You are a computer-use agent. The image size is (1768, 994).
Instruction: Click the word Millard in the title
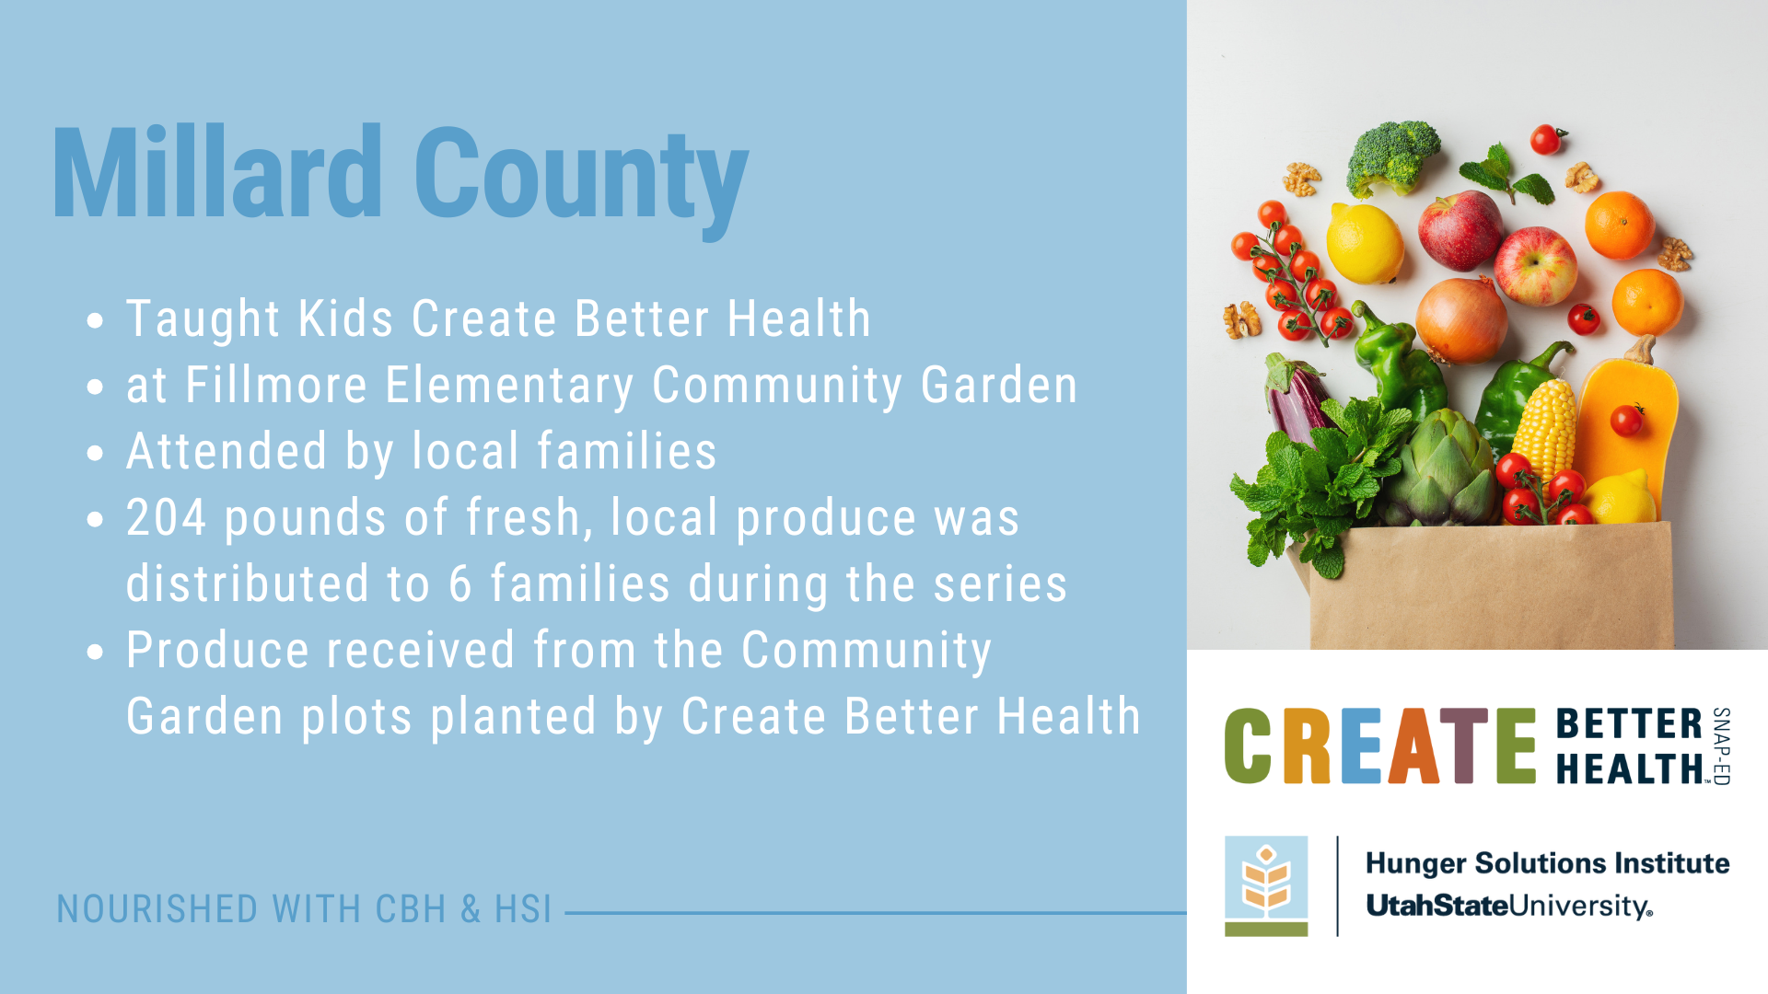217,173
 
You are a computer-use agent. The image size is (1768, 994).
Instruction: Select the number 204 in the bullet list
166,517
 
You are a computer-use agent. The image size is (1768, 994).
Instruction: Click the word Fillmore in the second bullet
276,385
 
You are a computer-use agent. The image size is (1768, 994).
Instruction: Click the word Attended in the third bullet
227,451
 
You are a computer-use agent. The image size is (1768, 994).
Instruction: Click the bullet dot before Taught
95,321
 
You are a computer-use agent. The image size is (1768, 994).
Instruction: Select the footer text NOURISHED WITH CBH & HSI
304,909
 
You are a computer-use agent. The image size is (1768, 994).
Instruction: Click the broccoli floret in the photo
1391,155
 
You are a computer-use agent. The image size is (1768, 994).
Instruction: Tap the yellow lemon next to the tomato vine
1365,243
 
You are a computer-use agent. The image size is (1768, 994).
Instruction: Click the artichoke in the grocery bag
1441,469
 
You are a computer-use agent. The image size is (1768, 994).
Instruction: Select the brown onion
1460,318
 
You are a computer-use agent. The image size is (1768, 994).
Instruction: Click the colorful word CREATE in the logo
1379,745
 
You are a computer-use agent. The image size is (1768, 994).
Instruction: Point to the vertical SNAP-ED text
1721,745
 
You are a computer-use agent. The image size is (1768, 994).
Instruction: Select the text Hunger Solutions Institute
1547,863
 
